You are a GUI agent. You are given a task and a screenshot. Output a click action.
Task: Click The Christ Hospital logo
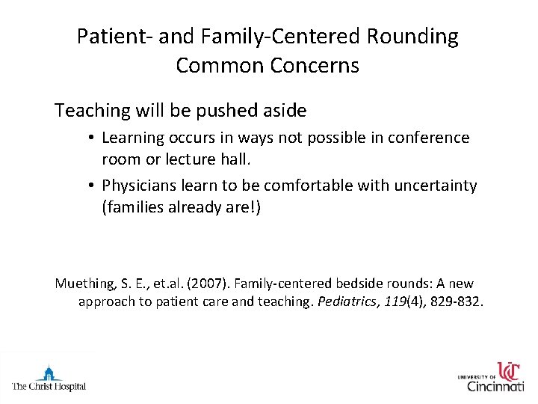[x=49, y=377]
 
